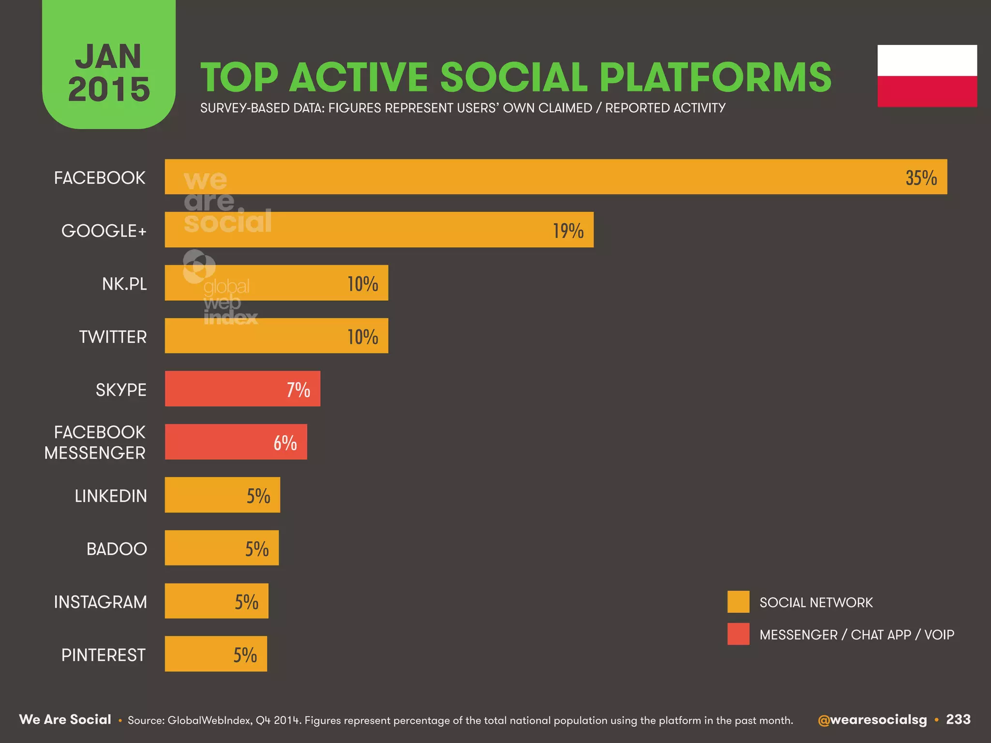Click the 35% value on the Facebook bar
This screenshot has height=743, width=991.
921,178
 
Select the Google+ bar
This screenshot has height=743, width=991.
379,230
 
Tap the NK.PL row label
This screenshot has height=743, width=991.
124,284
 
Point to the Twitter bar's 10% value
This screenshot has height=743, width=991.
362,337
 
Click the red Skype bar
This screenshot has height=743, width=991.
242,389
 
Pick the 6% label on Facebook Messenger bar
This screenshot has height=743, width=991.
285,443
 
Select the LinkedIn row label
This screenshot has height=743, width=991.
111,496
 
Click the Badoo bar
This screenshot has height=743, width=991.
221,548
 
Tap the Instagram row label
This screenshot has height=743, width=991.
100,602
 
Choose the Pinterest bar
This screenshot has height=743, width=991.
215,654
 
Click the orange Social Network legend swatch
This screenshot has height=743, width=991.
738,602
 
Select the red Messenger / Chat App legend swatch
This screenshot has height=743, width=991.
738,634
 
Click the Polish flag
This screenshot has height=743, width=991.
927,76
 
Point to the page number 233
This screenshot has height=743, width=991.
958,719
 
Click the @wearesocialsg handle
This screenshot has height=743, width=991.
872,720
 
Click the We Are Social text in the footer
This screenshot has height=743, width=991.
65,719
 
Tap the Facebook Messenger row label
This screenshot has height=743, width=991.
95,442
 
